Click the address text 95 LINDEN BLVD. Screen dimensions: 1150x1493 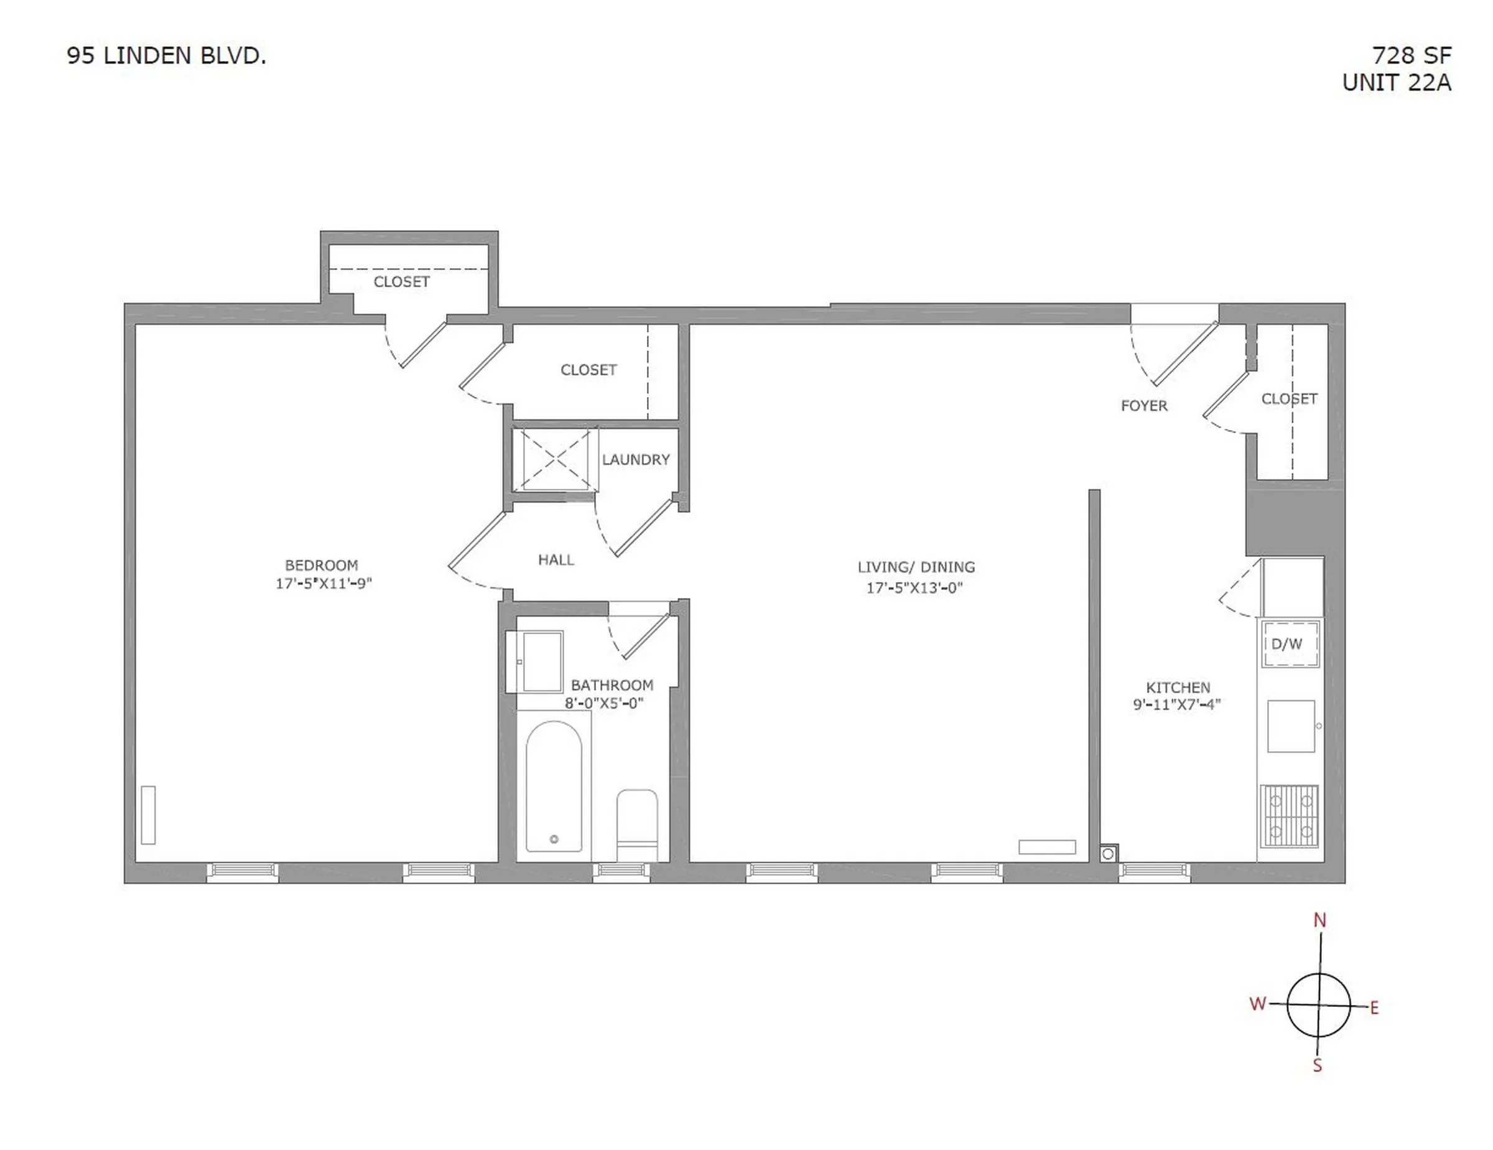[166, 56]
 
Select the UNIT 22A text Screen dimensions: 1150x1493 [1396, 83]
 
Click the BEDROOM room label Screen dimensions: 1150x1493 [321, 566]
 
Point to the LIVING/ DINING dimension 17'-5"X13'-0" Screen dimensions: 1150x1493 [914, 588]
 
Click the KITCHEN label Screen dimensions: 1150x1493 [1178, 687]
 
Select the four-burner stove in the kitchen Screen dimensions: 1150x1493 [1290, 816]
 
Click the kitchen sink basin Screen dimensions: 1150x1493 [1291, 726]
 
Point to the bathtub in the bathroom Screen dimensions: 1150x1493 [554, 786]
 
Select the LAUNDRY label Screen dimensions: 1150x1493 [636, 459]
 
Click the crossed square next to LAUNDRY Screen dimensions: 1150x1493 [554, 459]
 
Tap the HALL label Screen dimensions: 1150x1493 [556, 560]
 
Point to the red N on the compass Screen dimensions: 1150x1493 [1319, 921]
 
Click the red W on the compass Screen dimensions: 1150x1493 [1258, 1004]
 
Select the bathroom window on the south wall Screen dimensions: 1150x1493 [621, 871]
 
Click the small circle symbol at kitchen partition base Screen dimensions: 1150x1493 [1108, 854]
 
